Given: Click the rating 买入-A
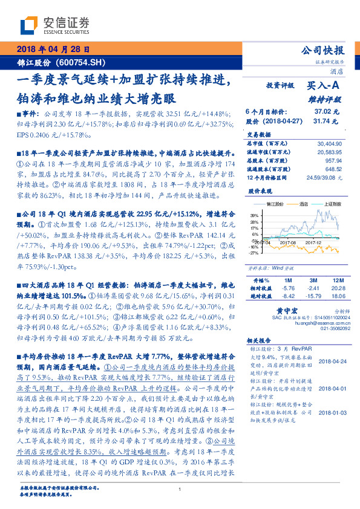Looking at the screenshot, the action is tap(324, 86).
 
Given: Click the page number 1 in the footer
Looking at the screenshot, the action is tap(180, 488).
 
